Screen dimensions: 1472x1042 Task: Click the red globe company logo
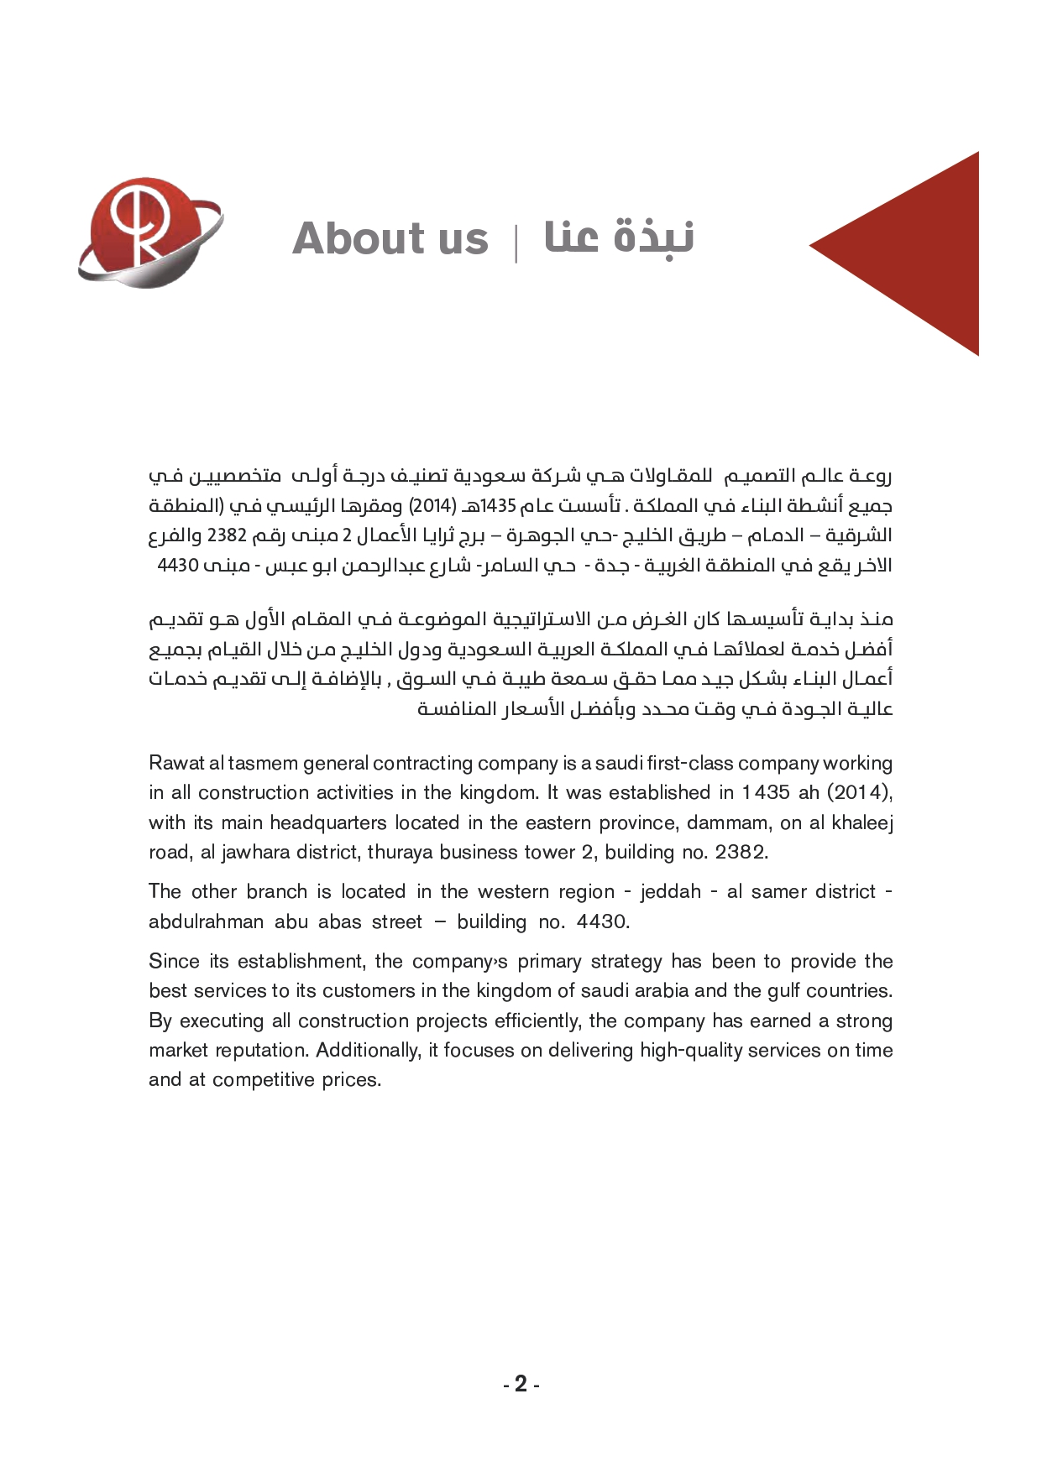(x=149, y=233)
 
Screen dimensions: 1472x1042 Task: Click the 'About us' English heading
(x=390, y=238)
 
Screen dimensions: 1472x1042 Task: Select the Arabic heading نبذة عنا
(x=620, y=237)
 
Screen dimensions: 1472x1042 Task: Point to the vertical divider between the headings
(x=516, y=242)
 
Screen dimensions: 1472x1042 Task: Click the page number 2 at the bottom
(x=521, y=1384)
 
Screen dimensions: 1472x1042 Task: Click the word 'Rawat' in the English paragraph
(x=175, y=764)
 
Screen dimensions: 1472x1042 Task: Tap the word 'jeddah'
(x=670, y=892)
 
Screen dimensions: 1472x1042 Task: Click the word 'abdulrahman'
(x=206, y=922)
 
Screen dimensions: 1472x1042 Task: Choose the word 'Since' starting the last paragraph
(x=173, y=962)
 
